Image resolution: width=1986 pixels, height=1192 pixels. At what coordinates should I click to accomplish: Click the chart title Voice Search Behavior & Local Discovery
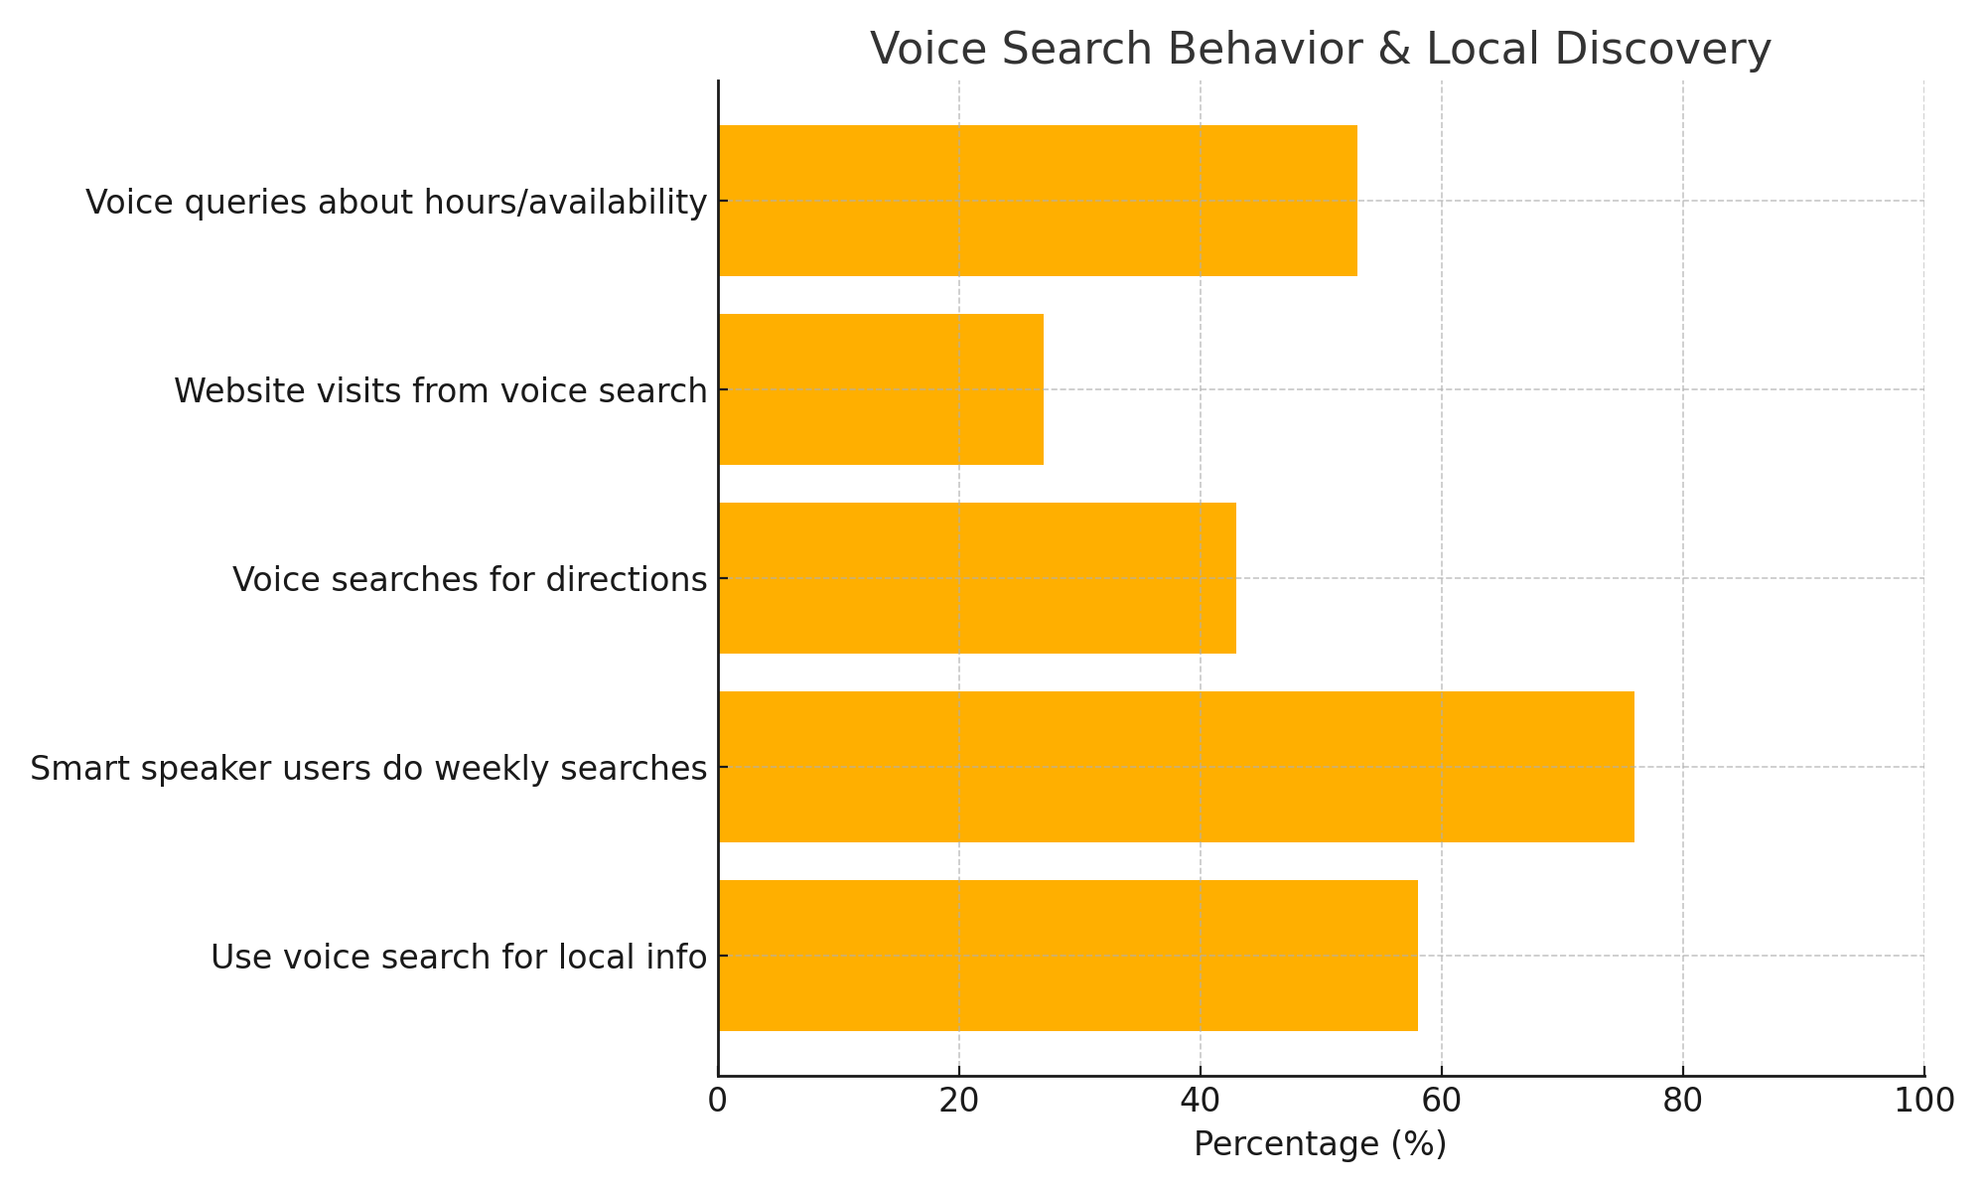point(1321,50)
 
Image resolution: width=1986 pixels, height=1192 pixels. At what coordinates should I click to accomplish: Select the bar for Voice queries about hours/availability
point(1038,201)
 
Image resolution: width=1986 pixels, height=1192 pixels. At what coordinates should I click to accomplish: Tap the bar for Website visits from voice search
point(881,389)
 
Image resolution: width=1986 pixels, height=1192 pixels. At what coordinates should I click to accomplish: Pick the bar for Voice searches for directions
point(977,578)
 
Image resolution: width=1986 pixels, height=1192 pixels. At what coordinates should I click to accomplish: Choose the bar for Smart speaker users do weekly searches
point(1176,767)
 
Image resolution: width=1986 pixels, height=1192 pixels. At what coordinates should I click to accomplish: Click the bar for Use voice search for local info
point(1067,956)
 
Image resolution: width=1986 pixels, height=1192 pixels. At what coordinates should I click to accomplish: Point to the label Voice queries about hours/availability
point(396,202)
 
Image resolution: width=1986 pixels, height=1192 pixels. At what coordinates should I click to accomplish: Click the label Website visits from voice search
point(440,390)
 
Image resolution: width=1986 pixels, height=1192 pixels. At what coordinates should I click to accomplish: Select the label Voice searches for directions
point(470,579)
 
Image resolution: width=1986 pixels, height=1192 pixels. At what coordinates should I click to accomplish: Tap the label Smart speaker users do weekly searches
point(368,768)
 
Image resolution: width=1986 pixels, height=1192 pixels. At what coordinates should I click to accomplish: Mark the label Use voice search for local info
point(459,957)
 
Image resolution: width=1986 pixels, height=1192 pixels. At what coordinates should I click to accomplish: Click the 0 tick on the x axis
point(718,1101)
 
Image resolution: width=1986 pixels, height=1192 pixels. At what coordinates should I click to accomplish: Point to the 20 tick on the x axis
point(959,1101)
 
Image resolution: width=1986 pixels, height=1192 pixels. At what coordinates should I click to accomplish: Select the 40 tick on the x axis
point(1201,1101)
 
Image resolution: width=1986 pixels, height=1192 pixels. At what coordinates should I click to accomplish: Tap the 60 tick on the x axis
point(1442,1101)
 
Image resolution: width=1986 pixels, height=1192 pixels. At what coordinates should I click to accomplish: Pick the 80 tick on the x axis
point(1683,1101)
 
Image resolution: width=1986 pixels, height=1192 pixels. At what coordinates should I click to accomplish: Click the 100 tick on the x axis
point(1924,1101)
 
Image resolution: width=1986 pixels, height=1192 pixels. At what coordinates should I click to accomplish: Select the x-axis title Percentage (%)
point(1321,1144)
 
